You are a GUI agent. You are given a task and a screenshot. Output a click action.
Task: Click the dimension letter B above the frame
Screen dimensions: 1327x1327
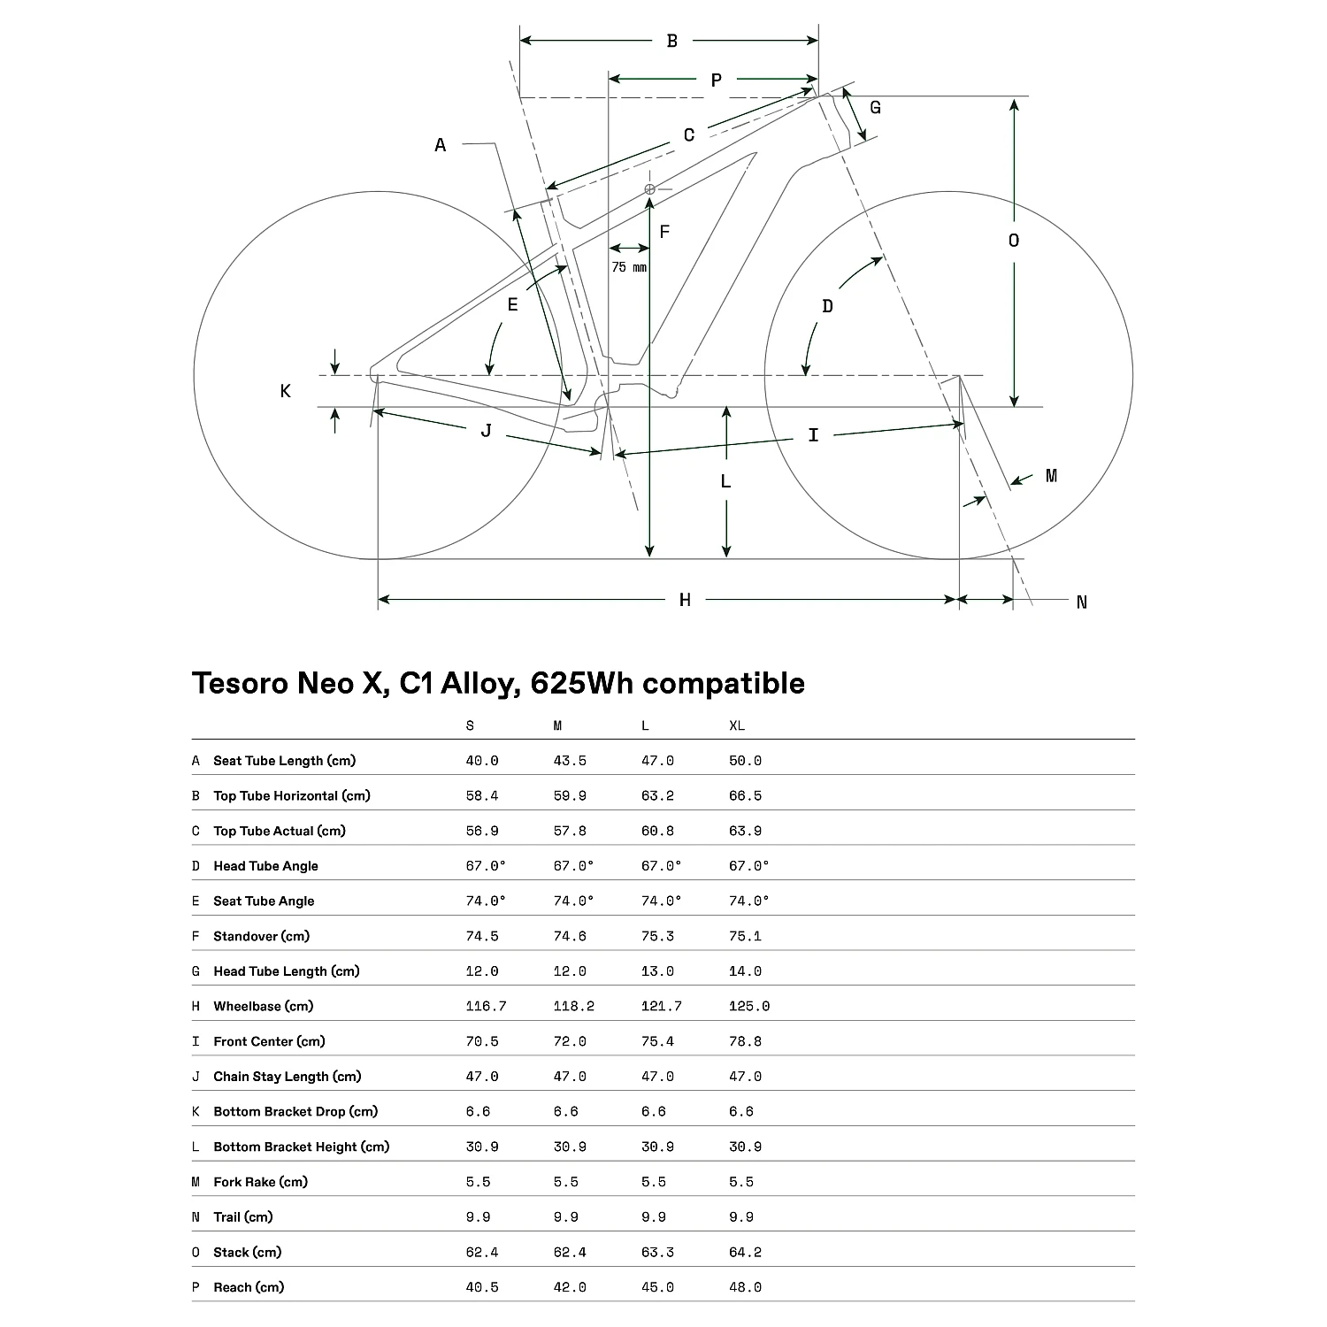[x=671, y=41]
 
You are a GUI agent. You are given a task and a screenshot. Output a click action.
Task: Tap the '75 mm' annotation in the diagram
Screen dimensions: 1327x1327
[x=629, y=267]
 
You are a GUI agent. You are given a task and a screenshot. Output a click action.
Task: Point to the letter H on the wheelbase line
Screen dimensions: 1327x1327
[x=685, y=601]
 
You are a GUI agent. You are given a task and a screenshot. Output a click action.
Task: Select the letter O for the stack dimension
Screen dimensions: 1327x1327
[x=1014, y=241]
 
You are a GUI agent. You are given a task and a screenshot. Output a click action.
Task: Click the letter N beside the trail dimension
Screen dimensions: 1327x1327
[x=1081, y=602]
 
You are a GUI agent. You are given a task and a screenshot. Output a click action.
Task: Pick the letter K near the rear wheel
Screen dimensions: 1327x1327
[x=285, y=391]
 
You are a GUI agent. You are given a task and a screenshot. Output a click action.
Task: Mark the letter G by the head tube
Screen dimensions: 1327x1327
[x=875, y=108]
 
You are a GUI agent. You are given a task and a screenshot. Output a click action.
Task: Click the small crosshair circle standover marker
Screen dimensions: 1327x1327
[x=650, y=188]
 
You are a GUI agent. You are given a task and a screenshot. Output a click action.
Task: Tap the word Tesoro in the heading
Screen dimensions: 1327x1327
[x=240, y=684]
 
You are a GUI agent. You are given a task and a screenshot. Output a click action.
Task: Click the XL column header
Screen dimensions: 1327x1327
[x=737, y=725]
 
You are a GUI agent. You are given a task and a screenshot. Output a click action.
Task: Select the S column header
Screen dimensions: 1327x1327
[x=470, y=725]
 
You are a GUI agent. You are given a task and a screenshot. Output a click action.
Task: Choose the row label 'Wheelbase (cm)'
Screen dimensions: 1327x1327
[x=263, y=1006]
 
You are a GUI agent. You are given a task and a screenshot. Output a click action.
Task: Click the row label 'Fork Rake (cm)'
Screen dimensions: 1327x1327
[x=260, y=1182]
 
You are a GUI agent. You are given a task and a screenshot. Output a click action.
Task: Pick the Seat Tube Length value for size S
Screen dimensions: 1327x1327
[x=482, y=761]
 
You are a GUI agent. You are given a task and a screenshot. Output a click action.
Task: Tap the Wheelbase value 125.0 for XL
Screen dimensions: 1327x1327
[x=749, y=1006]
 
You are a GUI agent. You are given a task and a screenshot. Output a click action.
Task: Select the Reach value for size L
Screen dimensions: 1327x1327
[x=657, y=1287]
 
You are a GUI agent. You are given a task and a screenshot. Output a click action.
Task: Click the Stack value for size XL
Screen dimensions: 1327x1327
[x=745, y=1252]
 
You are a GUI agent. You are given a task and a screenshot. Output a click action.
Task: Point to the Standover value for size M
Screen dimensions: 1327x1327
[x=570, y=936]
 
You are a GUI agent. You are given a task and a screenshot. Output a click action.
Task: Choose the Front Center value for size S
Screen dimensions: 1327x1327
[x=482, y=1041]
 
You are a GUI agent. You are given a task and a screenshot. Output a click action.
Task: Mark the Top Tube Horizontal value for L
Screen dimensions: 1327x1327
[x=657, y=795]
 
